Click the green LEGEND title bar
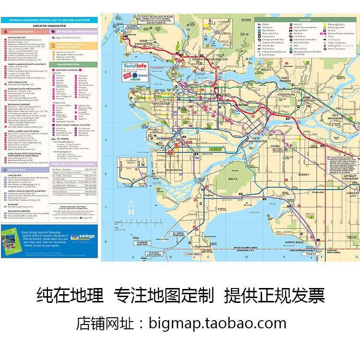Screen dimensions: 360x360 tap(306, 20)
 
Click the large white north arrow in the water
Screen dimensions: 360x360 tap(130, 208)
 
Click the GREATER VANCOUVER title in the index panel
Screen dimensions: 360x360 tap(50, 25)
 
